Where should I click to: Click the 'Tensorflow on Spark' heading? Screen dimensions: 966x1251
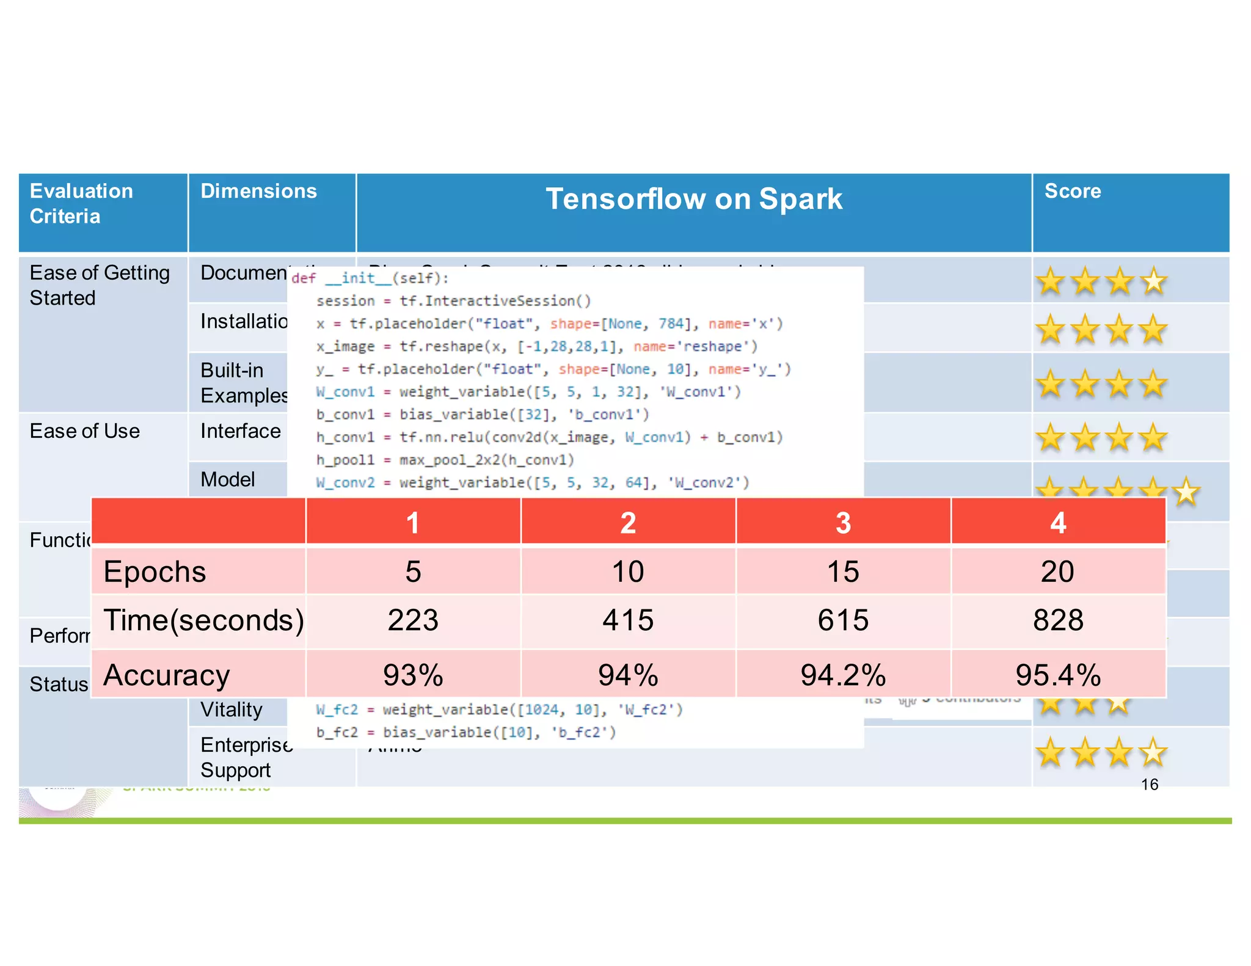[x=694, y=199]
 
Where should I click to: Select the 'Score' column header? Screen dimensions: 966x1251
[x=1073, y=191]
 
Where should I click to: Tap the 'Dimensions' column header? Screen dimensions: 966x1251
[x=259, y=191]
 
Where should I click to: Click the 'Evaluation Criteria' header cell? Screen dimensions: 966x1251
[x=81, y=203]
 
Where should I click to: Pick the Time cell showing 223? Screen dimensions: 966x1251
[x=413, y=620]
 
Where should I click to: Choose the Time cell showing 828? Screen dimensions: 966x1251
[x=1058, y=620]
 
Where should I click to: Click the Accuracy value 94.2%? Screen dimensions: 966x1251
[x=843, y=675]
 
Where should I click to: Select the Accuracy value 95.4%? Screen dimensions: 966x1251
[x=1058, y=675]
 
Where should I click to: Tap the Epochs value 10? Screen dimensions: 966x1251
[x=628, y=572]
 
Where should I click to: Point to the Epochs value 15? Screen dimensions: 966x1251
[x=843, y=572]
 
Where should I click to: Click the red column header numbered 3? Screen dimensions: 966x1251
[x=843, y=523]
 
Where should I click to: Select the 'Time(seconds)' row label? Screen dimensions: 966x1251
[x=203, y=620]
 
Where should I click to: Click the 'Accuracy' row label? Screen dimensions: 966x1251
[x=167, y=675]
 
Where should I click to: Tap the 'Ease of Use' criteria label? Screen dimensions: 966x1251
[x=85, y=431]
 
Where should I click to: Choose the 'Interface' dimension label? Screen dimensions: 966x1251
[x=241, y=431]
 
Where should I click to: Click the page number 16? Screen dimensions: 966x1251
[x=1150, y=785]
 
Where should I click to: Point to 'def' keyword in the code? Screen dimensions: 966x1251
[x=304, y=278]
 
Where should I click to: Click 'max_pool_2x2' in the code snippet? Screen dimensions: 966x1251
[x=450, y=460]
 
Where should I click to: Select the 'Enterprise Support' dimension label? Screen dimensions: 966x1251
[x=244, y=757]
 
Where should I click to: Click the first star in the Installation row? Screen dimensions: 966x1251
[x=1051, y=330]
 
